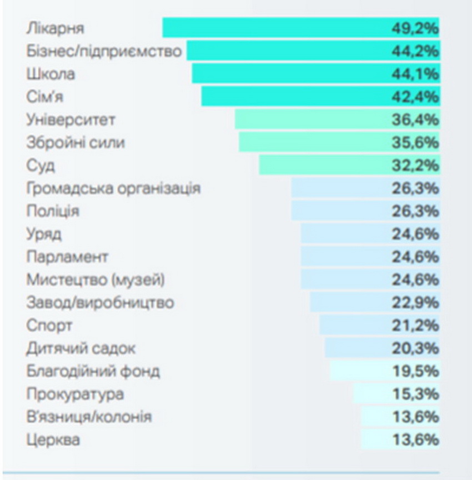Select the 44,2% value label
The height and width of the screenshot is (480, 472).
click(415, 51)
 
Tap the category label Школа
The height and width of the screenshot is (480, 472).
click(51, 74)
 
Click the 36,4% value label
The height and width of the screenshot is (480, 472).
click(415, 119)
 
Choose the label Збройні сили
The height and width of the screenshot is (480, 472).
click(76, 143)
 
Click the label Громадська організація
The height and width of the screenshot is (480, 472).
click(113, 188)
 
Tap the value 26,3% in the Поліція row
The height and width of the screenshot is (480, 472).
click(415, 211)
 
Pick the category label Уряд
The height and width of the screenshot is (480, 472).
click(44, 234)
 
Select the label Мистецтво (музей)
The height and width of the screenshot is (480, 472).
click(96, 280)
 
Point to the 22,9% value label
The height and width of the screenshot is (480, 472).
click(415, 303)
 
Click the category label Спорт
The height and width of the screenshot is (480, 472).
click(49, 326)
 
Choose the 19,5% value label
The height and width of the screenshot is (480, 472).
click(415, 371)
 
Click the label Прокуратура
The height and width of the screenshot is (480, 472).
click(75, 394)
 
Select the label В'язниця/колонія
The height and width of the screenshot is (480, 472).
click(89, 417)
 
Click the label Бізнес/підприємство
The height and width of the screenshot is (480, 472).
click(104, 51)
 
